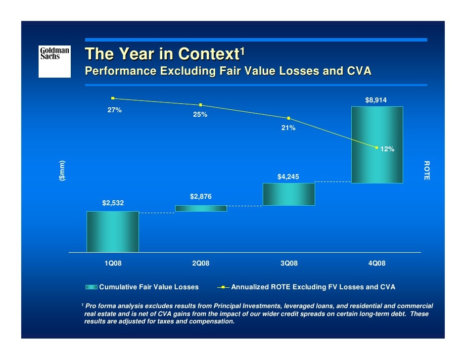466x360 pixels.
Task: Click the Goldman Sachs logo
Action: point(54,61)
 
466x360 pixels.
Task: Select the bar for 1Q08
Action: point(113,231)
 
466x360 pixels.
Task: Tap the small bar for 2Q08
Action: point(201,208)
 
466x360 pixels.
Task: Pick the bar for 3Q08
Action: point(289,194)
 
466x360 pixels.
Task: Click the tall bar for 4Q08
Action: point(377,144)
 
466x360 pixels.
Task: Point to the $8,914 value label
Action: point(376,100)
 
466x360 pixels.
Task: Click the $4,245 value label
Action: point(288,177)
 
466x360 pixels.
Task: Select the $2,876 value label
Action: point(201,197)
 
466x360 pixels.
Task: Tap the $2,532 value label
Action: point(113,203)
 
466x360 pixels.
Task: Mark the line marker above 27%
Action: point(113,98)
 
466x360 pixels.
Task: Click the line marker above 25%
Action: point(201,105)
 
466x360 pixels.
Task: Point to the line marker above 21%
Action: point(288,118)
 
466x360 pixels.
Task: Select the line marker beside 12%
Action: point(377,147)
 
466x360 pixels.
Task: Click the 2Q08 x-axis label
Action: point(201,264)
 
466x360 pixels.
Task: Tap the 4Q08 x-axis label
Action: point(377,264)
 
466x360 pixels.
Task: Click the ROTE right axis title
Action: point(426,171)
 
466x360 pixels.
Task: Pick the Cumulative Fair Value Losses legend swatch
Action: point(92,287)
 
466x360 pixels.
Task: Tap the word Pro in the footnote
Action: point(92,307)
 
